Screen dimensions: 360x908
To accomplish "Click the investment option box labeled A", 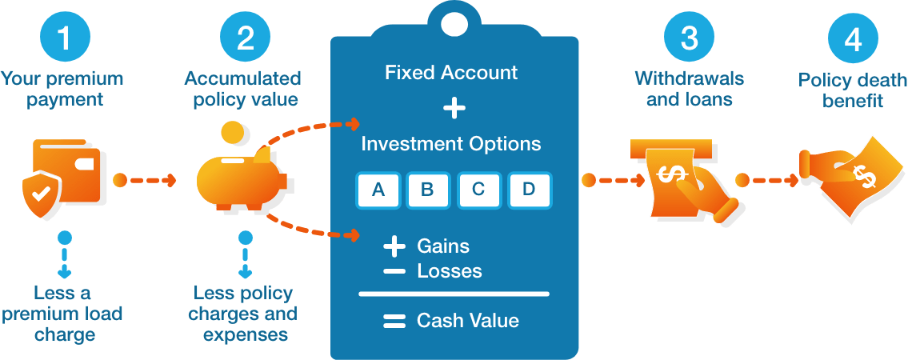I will point(378,190).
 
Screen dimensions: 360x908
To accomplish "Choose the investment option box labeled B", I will point(428,190).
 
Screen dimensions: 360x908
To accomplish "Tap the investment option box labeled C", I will point(478,190).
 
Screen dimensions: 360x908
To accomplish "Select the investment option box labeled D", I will point(528,190).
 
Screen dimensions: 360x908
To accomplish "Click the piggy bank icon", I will point(241,178).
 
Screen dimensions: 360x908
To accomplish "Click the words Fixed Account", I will point(451,73).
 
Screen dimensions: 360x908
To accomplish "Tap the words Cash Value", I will point(468,321).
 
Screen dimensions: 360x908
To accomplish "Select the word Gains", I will point(443,246).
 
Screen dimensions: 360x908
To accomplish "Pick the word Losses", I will point(450,271).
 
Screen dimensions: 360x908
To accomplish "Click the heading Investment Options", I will point(451,144).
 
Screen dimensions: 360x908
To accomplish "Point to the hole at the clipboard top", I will point(454,23).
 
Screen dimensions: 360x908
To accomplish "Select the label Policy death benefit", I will point(853,90).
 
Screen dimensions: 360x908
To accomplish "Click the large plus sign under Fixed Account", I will point(454,108).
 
